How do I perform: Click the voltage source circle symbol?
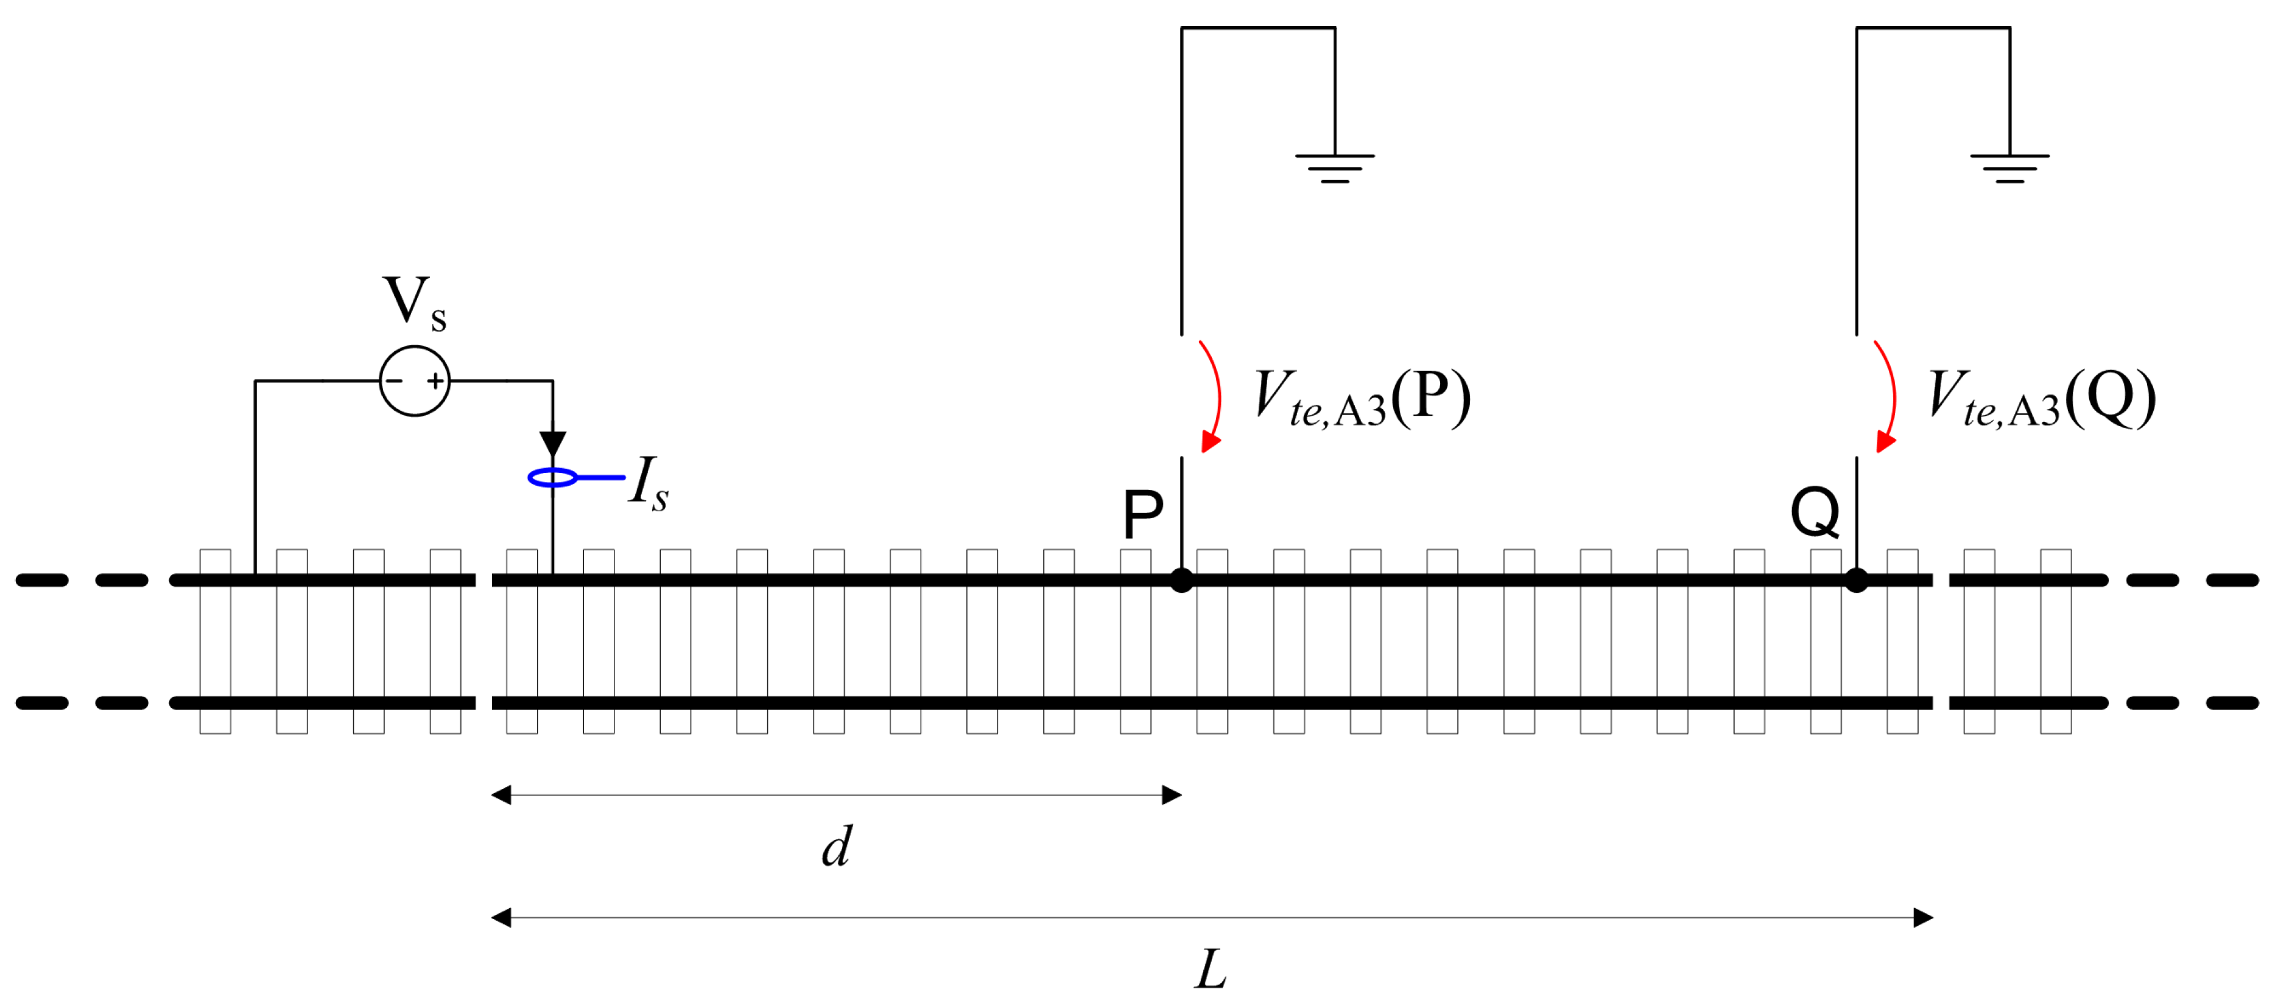pos(415,381)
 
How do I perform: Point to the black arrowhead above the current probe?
pos(553,444)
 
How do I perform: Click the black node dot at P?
pos(1181,581)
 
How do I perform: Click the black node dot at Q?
pos(1856,581)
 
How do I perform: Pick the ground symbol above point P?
pos(1334,167)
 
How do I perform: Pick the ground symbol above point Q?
pos(2009,167)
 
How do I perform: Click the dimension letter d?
pos(837,847)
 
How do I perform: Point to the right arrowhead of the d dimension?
pos(1172,795)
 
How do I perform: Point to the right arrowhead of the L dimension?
pos(1922,918)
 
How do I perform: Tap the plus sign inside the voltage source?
pos(435,381)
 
